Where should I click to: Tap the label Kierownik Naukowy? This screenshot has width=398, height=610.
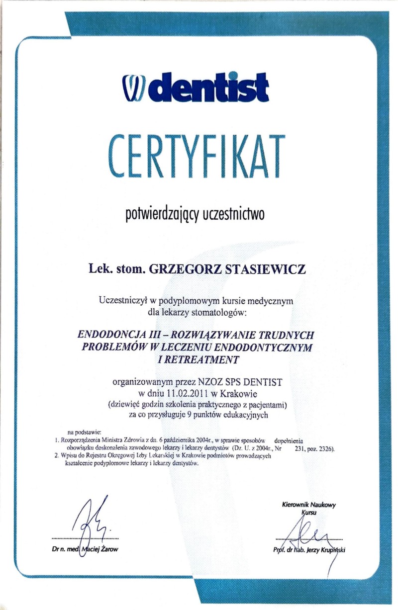tap(308, 505)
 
